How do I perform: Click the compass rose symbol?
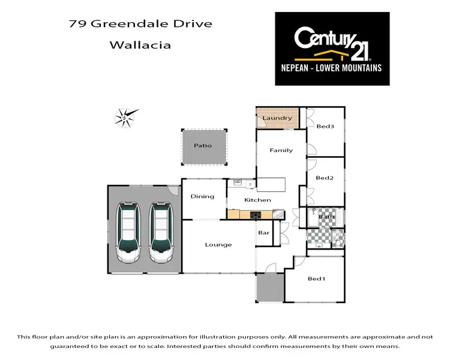126,116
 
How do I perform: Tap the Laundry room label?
277,118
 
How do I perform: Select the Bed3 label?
325,127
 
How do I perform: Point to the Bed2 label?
324,178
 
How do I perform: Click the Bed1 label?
316,279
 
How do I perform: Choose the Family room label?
281,150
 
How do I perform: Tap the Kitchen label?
257,200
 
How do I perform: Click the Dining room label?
203,196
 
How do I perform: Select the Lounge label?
218,244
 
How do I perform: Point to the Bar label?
263,232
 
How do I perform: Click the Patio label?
202,146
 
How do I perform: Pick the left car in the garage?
128,233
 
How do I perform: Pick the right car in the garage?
161,233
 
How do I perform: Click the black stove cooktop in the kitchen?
255,214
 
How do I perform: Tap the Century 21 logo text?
332,40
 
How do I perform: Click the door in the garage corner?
173,190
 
